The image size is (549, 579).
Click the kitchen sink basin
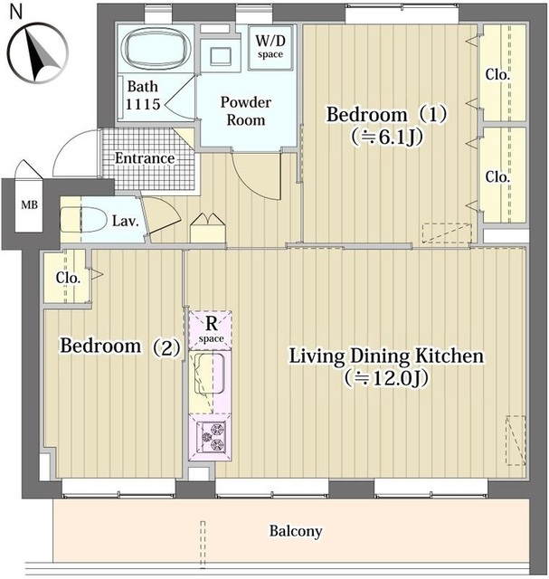point(209,374)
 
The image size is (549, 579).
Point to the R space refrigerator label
point(211,329)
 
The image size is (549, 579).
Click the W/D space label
point(270,46)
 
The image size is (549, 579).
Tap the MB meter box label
point(29,204)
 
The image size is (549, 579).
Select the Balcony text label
point(296,531)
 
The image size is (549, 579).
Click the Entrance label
point(145,158)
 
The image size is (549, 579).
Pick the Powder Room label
point(246,110)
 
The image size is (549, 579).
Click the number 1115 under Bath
point(143,104)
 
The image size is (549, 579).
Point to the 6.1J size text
point(387,137)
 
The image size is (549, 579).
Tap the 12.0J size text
point(386,378)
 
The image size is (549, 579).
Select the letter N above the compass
point(16,11)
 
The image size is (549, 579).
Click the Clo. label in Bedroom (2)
point(69,278)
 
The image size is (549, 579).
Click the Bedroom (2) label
point(120,346)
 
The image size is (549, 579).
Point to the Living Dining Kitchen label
point(386,356)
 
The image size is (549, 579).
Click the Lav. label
point(126,221)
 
